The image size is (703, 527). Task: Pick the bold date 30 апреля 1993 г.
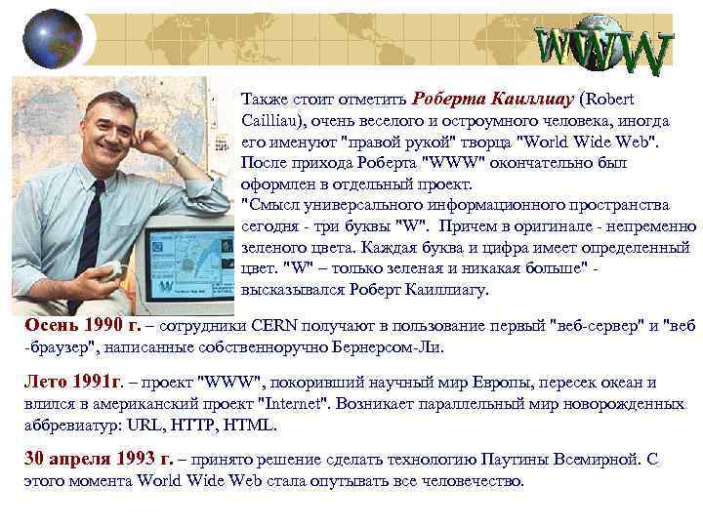coord(99,459)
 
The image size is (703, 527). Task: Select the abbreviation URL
coord(133,426)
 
